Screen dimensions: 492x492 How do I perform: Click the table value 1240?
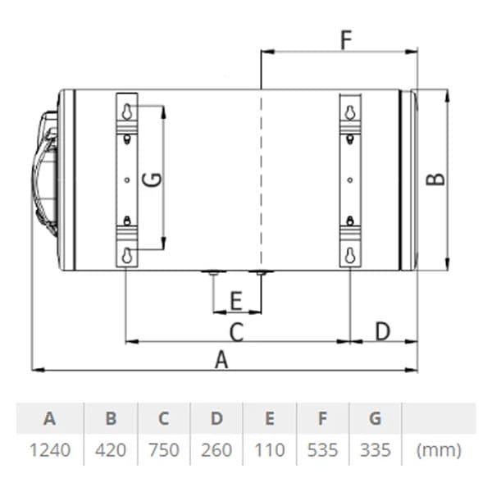[x=50, y=450]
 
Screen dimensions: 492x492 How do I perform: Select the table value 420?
[x=111, y=450]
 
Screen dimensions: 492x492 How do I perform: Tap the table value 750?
[x=164, y=450]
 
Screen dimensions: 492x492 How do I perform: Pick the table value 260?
[x=216, y=450]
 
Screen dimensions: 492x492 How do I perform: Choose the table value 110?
[x=270, y=450]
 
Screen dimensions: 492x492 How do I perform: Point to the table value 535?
[x=322, y=450]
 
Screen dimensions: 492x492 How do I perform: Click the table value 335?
[x=376, y=450]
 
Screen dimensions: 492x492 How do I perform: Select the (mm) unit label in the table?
[x=439, y=450]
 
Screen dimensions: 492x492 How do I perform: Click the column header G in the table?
[x=376, y=418]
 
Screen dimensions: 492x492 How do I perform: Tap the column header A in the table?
[x=50, y=418]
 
